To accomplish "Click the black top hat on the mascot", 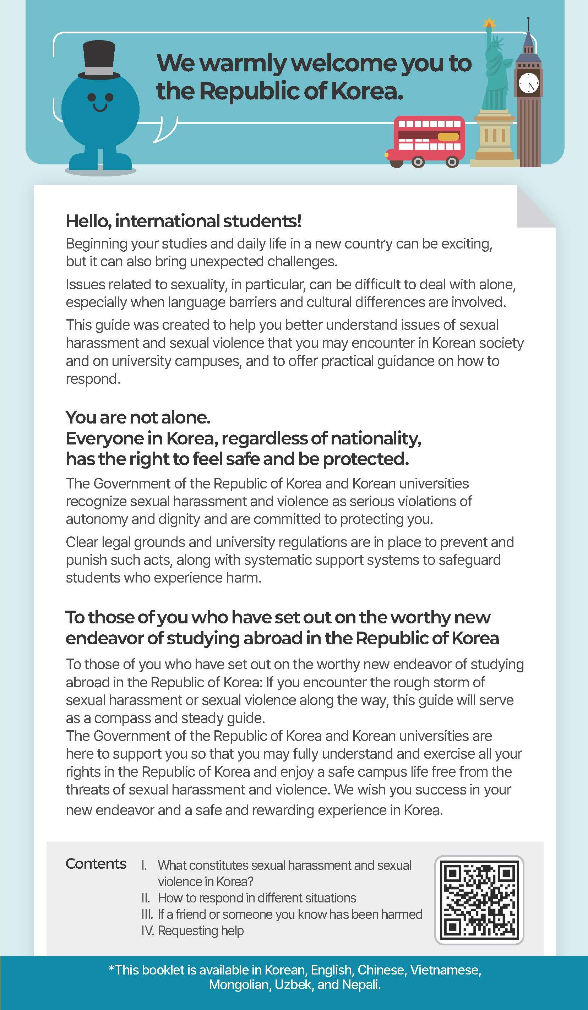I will (x=99, y=60).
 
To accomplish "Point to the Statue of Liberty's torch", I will (x=489, y=23).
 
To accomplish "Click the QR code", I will (x=479, y=900).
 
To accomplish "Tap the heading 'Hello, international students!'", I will (x=183, y=221).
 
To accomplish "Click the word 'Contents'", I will (x=96, y=864).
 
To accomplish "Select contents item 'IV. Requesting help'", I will (x=192, y=930).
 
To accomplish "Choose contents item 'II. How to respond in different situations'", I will (x=249, y=898).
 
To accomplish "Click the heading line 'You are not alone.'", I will (x=138, y=417).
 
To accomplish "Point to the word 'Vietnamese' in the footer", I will (x=445, y=970).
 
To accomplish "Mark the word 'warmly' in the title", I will (x=246, y=63).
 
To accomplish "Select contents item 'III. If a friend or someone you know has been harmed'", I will (x=282, y=914).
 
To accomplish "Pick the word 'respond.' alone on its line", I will (x=93, y=379).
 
